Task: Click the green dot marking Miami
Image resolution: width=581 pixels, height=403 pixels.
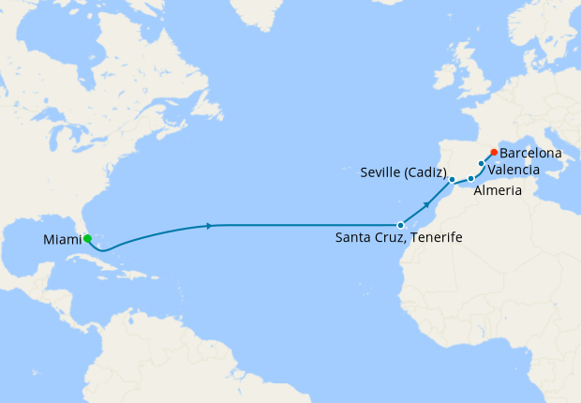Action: click(x=87, y=239)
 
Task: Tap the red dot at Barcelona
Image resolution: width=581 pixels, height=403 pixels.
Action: click(x=494, y=153)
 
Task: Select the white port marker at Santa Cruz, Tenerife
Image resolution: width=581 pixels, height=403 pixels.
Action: click(x=400, y=225)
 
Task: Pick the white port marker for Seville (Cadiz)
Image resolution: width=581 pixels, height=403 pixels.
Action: click(x=452, y=179)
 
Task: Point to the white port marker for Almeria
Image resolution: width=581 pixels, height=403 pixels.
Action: click(x=471, y=178)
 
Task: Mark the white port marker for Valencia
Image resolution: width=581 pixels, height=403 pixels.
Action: click(x=482, y=164)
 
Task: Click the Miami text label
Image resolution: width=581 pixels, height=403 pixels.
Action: click(x=61, y=240)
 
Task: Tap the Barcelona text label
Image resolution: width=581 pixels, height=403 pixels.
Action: click(x=530, y=153)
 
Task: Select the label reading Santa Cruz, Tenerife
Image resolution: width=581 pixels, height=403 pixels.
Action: click(x=398, y=239)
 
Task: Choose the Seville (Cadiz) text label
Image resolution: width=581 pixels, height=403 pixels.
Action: click(x=403, y=172)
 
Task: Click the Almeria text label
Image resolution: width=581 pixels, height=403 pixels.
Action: click(x=494, y=190)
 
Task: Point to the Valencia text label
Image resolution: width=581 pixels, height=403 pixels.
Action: click(x=514, y=169)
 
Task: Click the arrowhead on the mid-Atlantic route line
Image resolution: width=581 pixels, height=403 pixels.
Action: click(x=209, y=225)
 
